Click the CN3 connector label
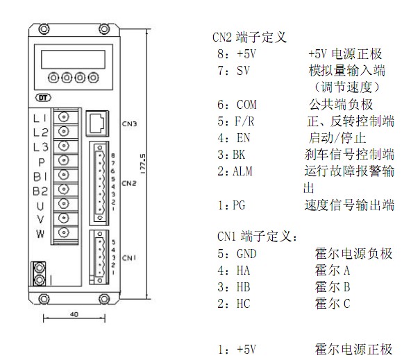(x=129, y=124)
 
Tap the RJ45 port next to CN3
(x=97, y=123)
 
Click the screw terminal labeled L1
(x=63, y=117)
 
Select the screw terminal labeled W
(x=63, y=232)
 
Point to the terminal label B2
(x=40, y=191)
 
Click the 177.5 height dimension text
(x=143, y=164)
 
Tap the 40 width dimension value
(x=74, y=314)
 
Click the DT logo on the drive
(x=43, y=98)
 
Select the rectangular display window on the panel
(x=73, y=60)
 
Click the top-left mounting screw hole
(x=44, y=29)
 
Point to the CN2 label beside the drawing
(x=129, y=183)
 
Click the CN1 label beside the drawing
(x=129, y=258)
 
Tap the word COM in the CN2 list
(x=246, y=105)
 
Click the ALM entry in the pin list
(x=242, y=171)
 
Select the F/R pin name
(x=244, y=121)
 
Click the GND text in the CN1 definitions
(x=246, y=254)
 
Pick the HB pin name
(x=243, y=287)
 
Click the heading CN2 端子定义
(x=249, y=37)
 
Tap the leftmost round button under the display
(x=53, y=78)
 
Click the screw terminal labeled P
(x=63, y=160)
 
